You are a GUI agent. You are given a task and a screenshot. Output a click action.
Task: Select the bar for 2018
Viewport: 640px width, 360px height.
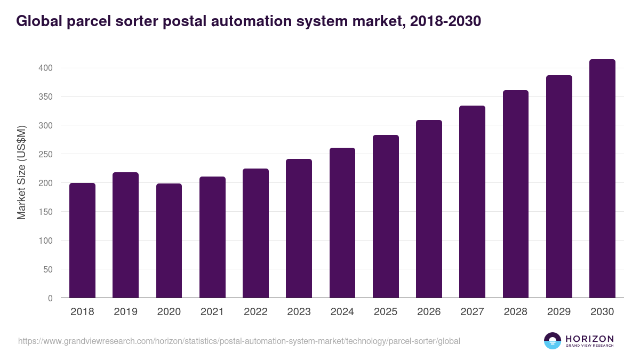coord(82,241)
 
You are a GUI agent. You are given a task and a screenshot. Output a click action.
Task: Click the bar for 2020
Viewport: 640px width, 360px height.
coord(169,241)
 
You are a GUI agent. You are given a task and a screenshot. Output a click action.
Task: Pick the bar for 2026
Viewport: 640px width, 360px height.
coord(429,209)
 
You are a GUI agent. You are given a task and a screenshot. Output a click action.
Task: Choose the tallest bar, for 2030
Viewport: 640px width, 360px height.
coord(602,179)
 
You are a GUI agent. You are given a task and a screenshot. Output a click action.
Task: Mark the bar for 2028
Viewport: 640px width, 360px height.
coord(516,194)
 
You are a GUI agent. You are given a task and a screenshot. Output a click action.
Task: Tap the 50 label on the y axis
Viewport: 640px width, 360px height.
coord(49,270)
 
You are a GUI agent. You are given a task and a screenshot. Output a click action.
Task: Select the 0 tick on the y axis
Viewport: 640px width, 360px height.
coord(51,299)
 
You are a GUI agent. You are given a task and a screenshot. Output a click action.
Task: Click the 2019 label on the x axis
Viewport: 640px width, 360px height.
coord(125,312)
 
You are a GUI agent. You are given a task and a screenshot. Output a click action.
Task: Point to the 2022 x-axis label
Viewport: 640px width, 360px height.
coord(255,312)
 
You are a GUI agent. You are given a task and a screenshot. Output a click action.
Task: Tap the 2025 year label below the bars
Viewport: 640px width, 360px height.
coord(386,312)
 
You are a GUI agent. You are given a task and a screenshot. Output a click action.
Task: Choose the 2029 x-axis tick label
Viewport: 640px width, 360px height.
coord(559,312)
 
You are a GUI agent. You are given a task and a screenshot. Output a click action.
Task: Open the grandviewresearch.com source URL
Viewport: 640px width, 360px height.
coord(239,341)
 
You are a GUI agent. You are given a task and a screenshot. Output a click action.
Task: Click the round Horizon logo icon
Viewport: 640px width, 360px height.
coord(553,341)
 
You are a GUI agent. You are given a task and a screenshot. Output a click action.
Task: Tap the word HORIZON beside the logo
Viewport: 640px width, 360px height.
coord(589,339)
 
